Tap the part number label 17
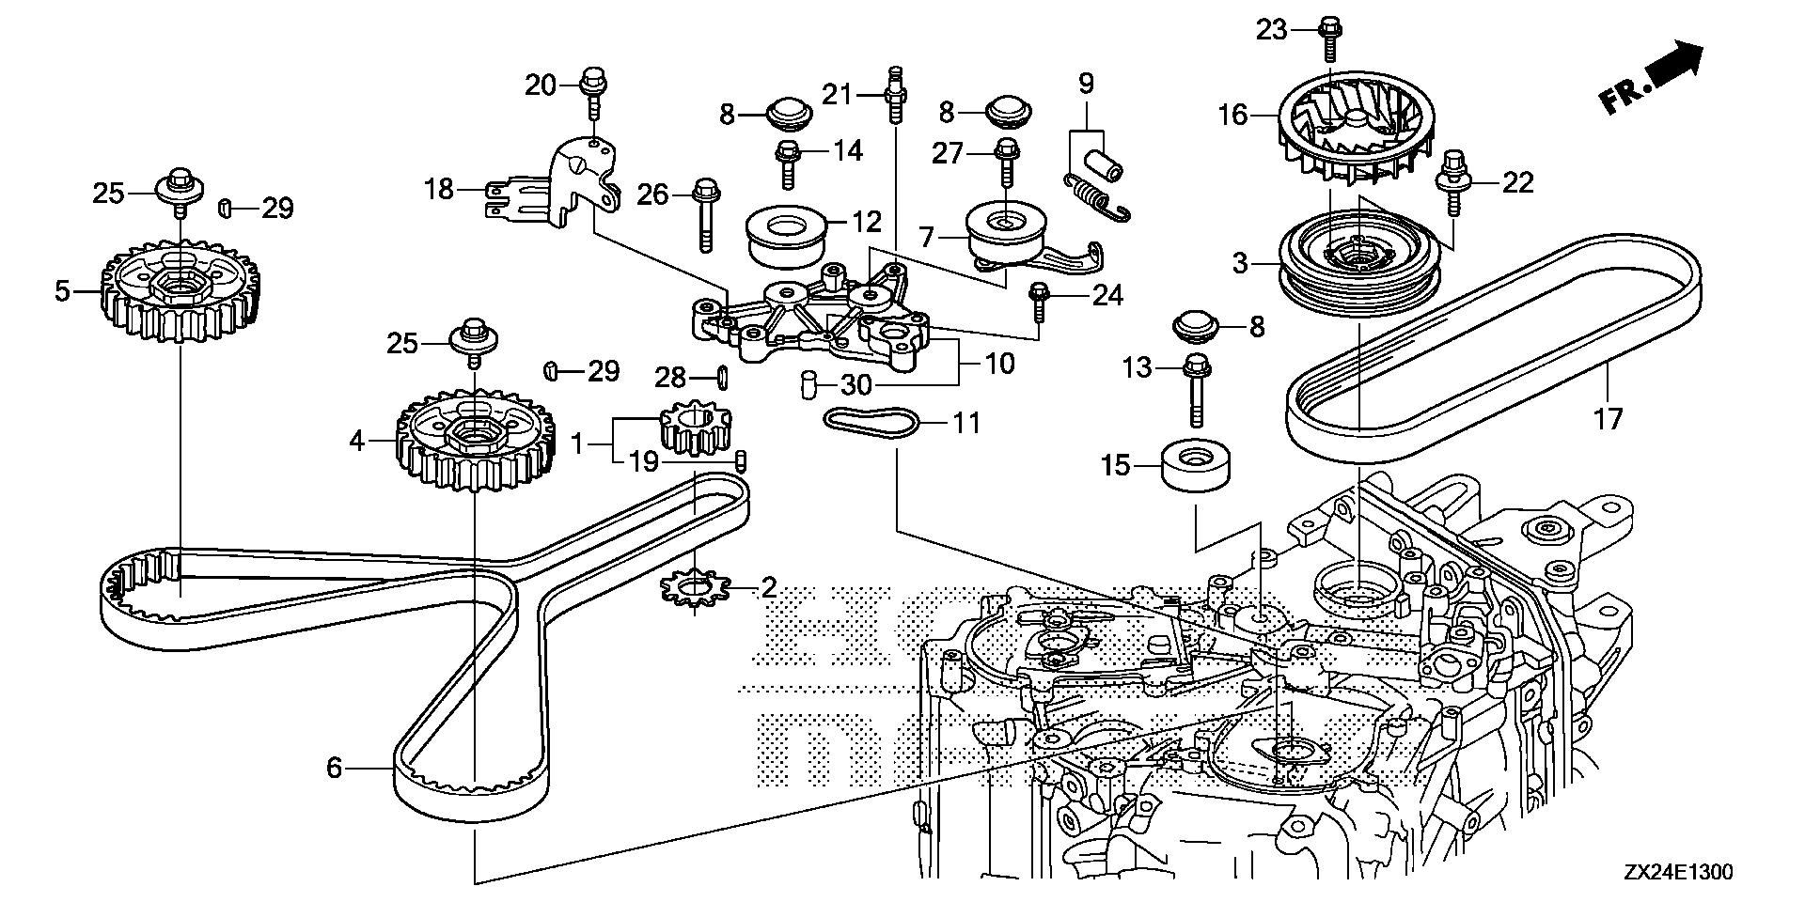tap(1609, 418)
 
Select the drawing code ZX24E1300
tap(1677, 872)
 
